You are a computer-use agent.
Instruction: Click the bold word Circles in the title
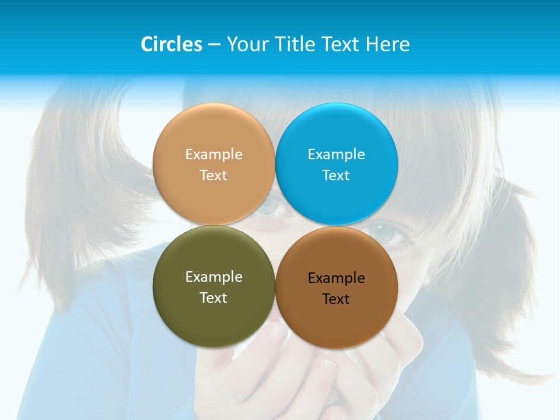click(171, 44)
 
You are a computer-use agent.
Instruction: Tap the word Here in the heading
click(387, 44)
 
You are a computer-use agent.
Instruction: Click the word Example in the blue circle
click(337, 155)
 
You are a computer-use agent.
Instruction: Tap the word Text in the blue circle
click(337, 175)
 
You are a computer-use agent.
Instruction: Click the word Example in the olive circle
click(213, 277)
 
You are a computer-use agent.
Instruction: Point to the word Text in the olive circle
click(213, 297)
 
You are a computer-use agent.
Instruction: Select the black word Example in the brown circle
click(337, 278)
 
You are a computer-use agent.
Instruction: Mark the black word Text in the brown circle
click(337, 299)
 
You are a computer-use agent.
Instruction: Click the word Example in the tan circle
click(213, 155)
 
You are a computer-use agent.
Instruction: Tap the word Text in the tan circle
click(213, 175)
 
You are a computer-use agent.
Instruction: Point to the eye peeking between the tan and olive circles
click(272, 205)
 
